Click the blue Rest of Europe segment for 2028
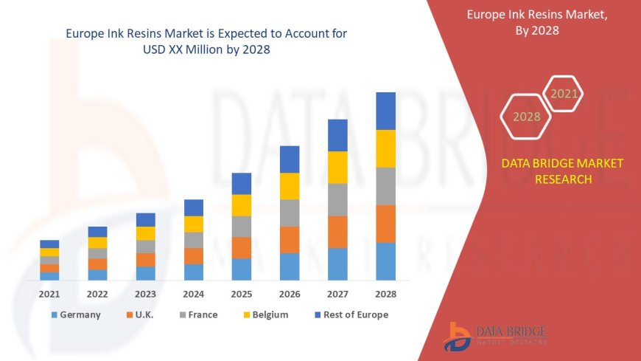click(385, 111)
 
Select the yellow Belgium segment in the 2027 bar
click(337, 167)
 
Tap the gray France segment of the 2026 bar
click(290, 213)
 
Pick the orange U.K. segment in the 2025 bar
click(242, 247)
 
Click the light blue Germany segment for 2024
click(194, 272)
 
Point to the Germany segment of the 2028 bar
click(385, 261)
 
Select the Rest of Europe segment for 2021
click(49, 244)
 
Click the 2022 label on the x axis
click(97, 293)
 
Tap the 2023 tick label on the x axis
click(145, 293)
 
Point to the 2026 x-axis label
click(290, 293)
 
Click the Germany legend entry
click(77, 314)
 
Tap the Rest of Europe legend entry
click(351, 314)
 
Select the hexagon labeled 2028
click(526, 117)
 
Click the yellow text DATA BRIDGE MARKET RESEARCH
click(562, 171)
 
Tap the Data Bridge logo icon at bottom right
click(458, 337)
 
